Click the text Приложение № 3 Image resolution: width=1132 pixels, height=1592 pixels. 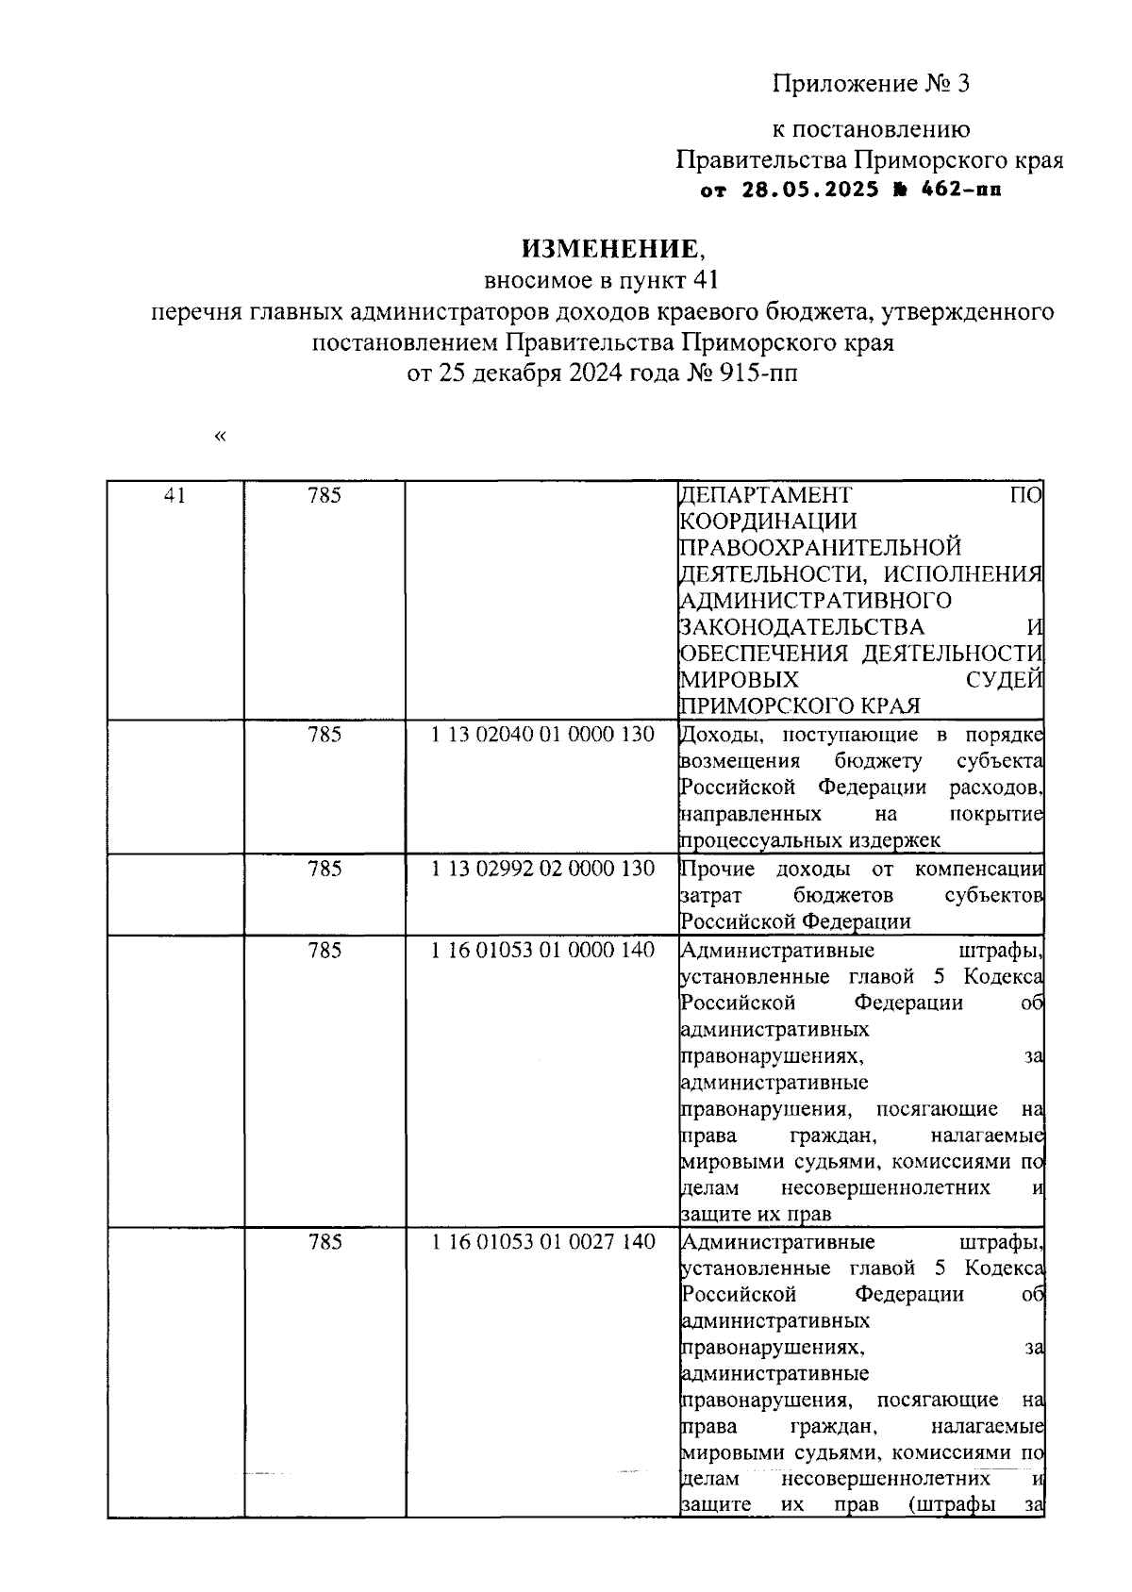(871, 84)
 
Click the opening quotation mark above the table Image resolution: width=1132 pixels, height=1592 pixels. (221, 436)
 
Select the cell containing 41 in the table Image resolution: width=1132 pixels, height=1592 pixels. (175, 494)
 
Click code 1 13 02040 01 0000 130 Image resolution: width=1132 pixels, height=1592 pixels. (542, 734)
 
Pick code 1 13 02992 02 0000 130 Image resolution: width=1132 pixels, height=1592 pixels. (542, 868)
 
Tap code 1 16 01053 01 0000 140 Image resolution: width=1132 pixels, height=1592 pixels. (542, 950)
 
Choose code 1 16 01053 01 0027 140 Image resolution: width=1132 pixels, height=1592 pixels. (542, 1241)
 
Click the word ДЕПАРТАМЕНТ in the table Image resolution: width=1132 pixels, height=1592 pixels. (765, 494)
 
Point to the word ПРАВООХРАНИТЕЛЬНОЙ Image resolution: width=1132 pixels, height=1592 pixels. (820, 547)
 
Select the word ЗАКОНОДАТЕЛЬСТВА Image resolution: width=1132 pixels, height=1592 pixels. (802, 626)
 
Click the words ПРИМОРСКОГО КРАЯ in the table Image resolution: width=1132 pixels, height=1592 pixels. (800, 705)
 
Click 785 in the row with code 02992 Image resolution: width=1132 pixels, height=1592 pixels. (325, 868)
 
